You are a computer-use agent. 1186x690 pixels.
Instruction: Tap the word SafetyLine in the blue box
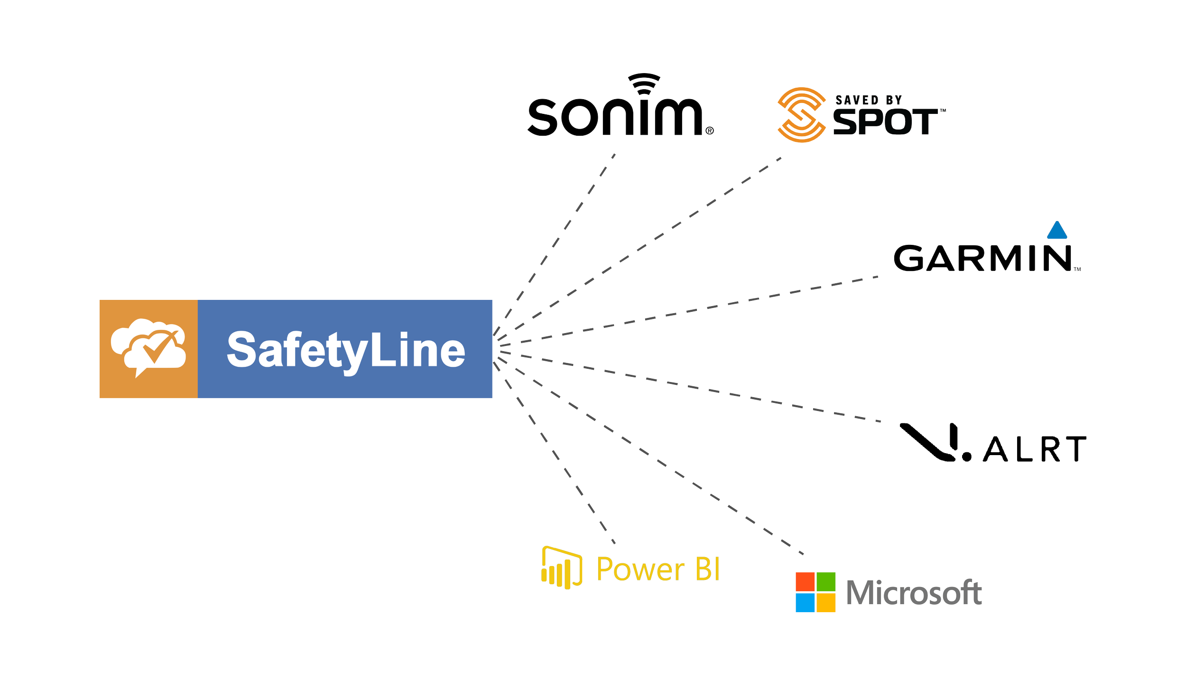tap(346, 350)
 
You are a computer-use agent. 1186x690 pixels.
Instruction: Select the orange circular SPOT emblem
tap(801, 115)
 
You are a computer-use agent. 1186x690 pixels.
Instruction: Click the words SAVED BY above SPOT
tap(868, 100)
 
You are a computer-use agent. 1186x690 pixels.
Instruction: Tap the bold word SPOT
tap(885, 122)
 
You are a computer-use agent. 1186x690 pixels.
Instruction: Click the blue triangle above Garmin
tap(1057, 230)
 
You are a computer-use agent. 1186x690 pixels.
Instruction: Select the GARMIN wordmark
tap(982, 258)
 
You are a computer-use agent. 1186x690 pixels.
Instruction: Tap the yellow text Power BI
tap(658, 569)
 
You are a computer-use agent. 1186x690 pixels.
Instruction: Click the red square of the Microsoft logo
tap(805, 582)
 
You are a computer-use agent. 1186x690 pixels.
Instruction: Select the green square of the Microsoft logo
tap(826, 582)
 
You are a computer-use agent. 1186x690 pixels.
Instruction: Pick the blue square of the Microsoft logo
tap(805, 603)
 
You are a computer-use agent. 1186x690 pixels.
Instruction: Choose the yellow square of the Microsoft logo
tap(826, 603)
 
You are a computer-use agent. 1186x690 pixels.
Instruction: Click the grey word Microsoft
tap(914, 593)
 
